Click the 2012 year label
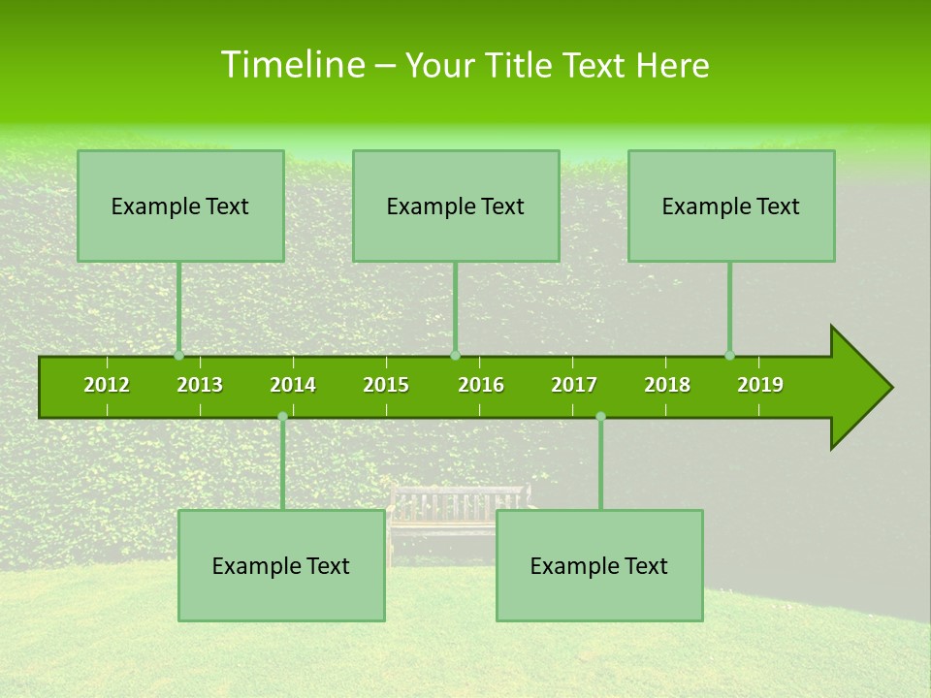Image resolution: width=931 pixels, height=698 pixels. tap(107, 385)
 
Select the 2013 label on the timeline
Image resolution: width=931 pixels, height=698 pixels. tap(200, 385)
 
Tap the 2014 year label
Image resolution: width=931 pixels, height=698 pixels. tap(293, 385)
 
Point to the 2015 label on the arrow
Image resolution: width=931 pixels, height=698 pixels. tap(386, 385)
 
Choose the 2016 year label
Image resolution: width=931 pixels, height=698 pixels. tap(481, 385)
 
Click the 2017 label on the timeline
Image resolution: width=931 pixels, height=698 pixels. tap(574, 385)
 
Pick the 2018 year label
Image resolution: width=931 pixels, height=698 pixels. tap(667, 385)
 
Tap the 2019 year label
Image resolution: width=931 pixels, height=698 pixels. tap(760, 385)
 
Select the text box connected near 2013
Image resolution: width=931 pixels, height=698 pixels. tap(180, 206)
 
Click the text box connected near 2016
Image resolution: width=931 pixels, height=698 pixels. tap(456, 206)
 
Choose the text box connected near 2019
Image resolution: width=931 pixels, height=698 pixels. tap(731, 206)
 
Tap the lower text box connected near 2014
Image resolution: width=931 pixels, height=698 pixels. tap(281, 565)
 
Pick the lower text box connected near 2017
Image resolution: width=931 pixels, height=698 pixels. tap(599, 565)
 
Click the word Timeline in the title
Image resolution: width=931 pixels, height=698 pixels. tap(292, 65)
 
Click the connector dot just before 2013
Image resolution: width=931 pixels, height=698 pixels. tap(178, 356)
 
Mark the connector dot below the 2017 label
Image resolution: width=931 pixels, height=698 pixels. tap(600, 417)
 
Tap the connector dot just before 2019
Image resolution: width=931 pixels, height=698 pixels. tap(729, 356)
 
